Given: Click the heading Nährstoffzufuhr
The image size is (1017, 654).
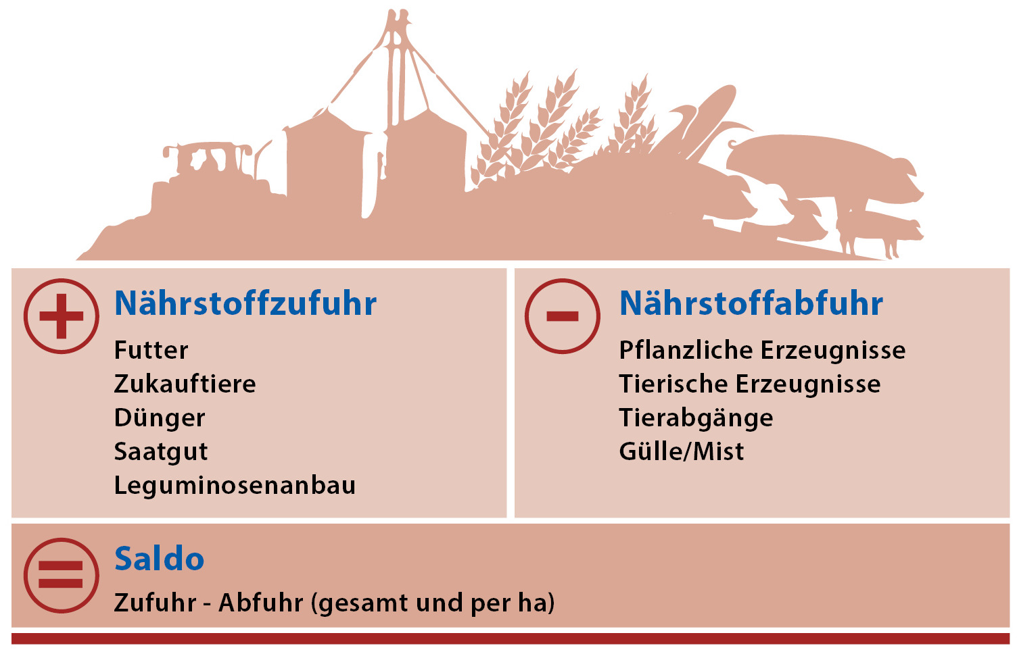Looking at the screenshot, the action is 245,303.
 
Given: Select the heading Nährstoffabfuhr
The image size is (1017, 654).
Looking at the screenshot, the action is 751,303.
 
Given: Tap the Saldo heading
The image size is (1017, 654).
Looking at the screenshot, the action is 160,558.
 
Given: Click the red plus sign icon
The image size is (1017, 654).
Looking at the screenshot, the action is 62,316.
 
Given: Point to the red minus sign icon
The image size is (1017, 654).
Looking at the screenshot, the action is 563,316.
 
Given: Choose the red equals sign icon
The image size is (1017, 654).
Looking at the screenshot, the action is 62,576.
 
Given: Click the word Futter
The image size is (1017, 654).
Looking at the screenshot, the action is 151,350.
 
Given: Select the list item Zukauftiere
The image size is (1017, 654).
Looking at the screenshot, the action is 185,384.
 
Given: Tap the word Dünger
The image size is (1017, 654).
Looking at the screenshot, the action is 160,418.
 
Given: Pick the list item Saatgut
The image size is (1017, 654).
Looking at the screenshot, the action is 161,452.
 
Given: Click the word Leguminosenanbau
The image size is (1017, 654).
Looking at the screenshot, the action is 235,486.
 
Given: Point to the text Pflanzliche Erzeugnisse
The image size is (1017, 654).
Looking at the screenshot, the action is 762,350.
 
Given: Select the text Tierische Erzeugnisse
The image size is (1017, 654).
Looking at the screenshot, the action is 750,384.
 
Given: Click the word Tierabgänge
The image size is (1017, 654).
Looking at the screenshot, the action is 696,418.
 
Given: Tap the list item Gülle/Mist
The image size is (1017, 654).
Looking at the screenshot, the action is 682,452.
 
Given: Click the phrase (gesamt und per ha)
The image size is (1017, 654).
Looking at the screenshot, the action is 433,603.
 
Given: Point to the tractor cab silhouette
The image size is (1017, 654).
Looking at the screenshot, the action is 208,159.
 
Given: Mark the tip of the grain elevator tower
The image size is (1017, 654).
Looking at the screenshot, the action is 400,10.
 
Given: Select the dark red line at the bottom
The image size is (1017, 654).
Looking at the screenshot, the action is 511,638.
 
